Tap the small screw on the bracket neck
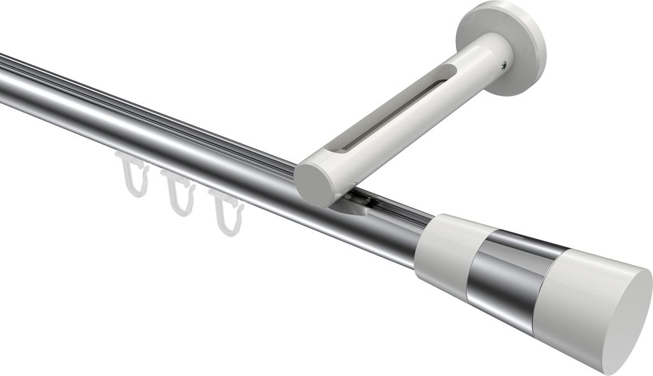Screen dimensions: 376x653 click(504, 64)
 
